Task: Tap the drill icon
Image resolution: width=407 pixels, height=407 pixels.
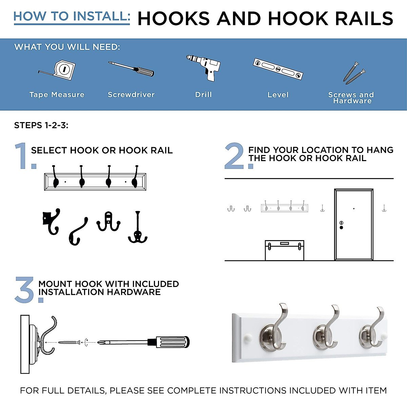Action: click(x=206, y=67)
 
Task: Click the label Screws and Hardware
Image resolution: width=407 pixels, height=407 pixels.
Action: click(x=351, y=98)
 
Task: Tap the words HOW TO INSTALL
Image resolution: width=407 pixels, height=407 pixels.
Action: click(x=72, y=16)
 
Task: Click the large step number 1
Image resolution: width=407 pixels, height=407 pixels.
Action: click(x=22, y=156)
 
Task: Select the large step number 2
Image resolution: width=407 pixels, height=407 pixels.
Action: click(x=235, y=156)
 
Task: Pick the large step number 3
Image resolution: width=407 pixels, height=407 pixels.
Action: click(x=25, y=290)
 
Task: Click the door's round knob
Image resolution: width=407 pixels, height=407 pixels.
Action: click(x=341, y=227)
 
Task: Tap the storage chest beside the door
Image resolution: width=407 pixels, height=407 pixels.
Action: click(x=284, y=250)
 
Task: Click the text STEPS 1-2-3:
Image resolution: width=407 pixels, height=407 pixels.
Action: click(x=41, y=125)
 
